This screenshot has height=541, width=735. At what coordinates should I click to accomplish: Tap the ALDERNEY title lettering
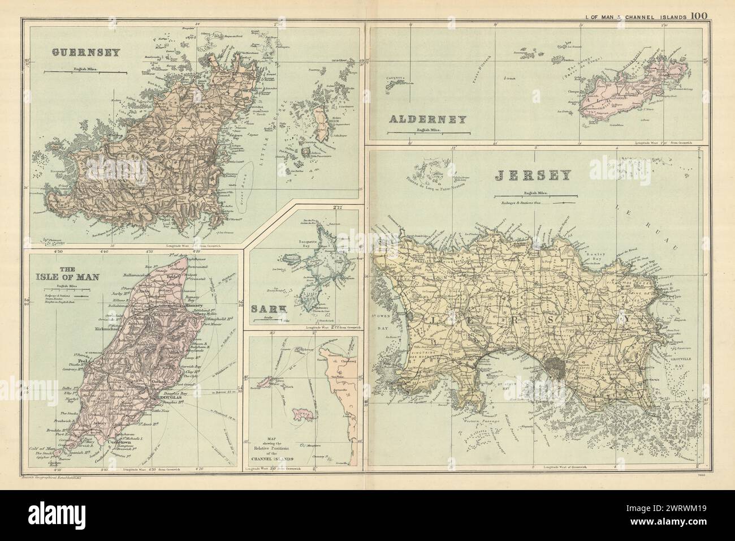click(x=427, y=119)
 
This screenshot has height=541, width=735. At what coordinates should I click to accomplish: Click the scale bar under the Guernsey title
click(x=85, y=72)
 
